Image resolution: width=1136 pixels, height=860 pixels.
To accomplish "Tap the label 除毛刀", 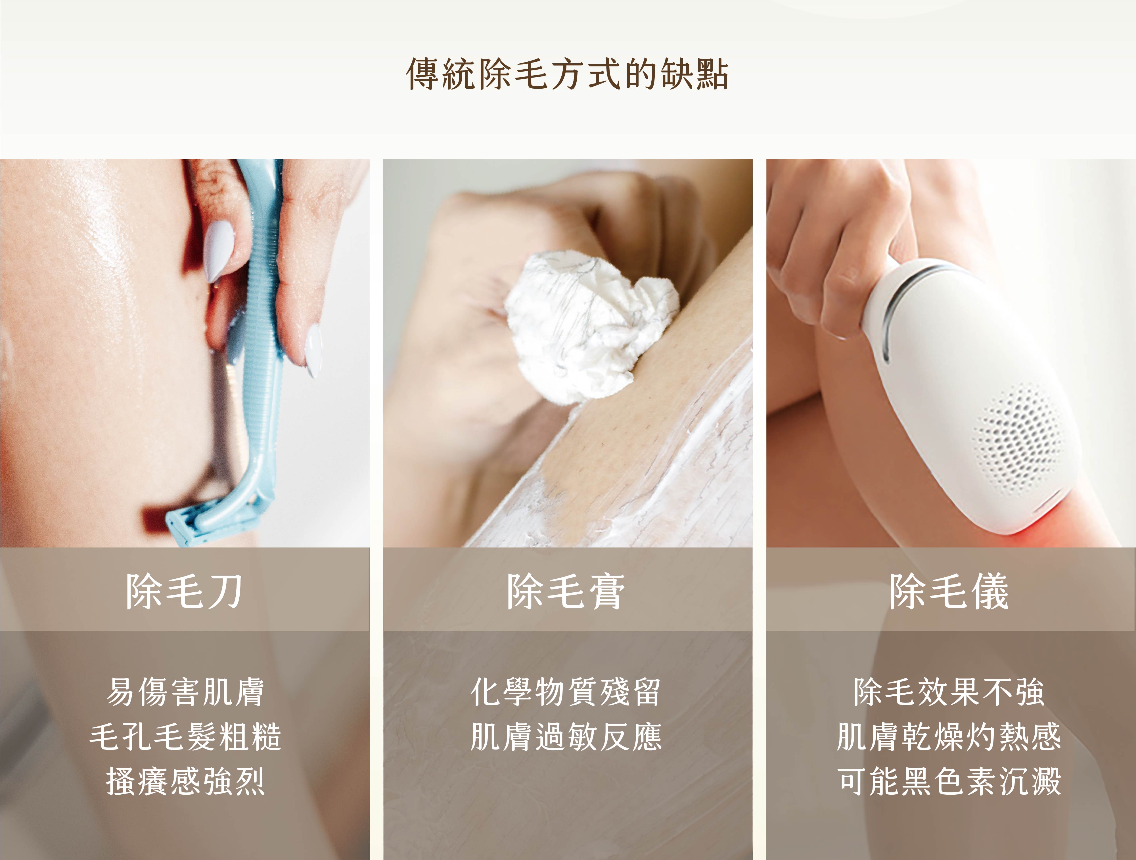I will tap(184, 592).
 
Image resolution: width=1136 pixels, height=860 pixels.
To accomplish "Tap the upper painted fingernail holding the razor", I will tap(217, 251).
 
